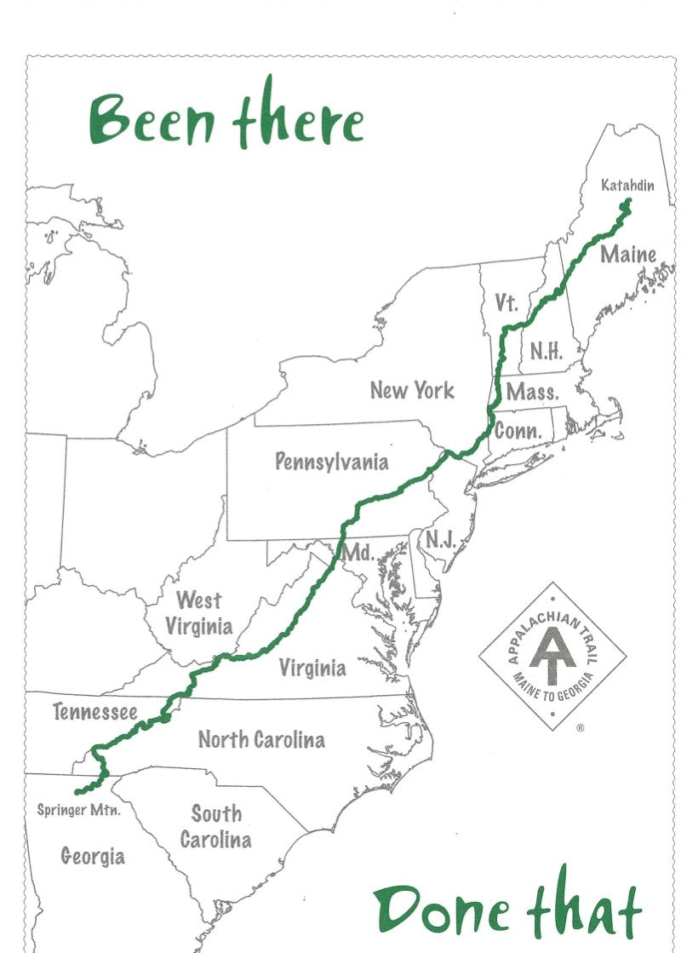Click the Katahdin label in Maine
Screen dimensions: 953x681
point(627,185)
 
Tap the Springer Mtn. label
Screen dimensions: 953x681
point(78,810)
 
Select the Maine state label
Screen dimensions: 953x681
point(628,254)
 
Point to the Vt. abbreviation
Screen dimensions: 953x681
point(506,303)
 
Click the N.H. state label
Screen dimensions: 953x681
point(546,352)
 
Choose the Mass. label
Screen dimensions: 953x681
point(532,393)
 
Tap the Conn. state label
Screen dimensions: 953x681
point(518,431)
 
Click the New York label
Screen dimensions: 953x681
point(412,391)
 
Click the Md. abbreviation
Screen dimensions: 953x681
point(358,554)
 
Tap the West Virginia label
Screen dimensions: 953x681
point(198,613)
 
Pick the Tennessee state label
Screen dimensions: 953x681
point(94,711)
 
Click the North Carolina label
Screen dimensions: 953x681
point(261,739)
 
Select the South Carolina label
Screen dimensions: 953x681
point(215,826)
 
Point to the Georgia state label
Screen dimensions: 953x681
point(93,856)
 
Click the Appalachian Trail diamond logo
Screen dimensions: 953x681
point(552,655)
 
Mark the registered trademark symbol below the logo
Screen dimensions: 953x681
point(581,728)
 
